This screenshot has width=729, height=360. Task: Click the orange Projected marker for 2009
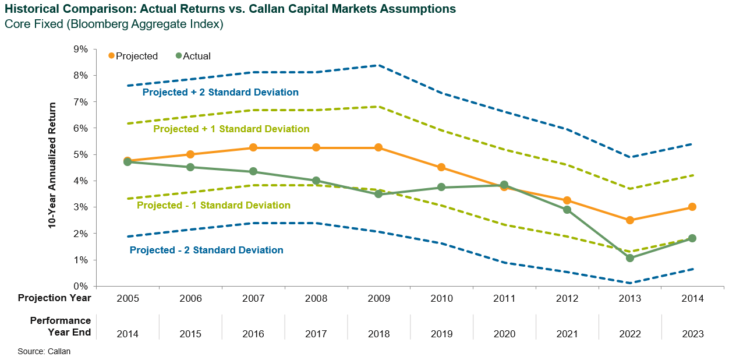378,147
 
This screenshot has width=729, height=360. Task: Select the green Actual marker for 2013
629,257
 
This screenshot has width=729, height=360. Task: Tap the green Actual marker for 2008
316,181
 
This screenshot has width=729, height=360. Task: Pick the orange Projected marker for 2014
692,207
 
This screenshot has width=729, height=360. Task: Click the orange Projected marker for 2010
441,167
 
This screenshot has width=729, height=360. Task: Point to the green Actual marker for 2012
567,210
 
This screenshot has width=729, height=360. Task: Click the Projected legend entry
133,56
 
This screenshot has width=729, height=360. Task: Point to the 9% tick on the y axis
80,49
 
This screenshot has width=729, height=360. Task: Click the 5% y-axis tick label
80,154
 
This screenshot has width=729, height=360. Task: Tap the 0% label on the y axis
80,286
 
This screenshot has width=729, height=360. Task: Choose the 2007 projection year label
253,298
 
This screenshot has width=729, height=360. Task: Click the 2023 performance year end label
692,334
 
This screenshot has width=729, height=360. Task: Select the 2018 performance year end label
378,334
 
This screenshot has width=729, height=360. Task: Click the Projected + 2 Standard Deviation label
221,92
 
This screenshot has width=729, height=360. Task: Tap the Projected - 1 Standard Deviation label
213,205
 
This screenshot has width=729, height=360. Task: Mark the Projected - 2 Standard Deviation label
206,250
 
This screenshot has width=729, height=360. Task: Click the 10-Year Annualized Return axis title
52,165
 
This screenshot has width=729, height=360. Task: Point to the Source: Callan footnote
44,351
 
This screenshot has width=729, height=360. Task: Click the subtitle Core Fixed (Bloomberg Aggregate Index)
114,24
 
